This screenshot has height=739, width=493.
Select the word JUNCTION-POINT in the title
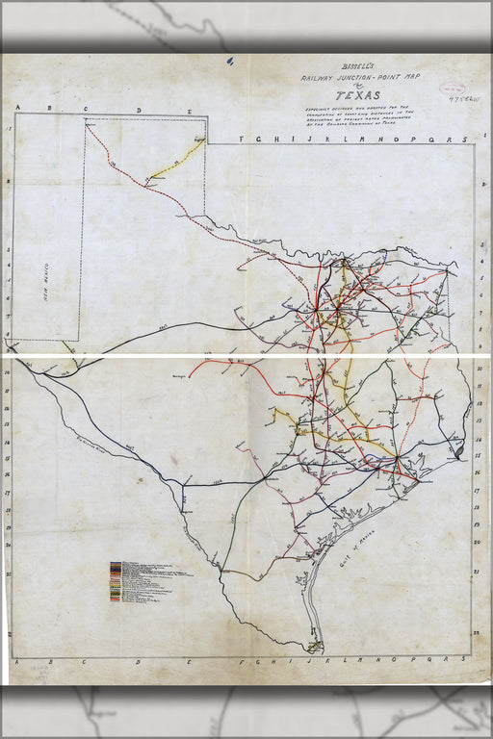pos(356,81)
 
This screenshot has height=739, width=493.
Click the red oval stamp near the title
pos(453,88)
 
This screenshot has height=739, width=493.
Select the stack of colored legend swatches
pos(116,582)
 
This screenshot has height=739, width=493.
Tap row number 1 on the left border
pos(9,128)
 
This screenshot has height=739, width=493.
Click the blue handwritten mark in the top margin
pos(230,61)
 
